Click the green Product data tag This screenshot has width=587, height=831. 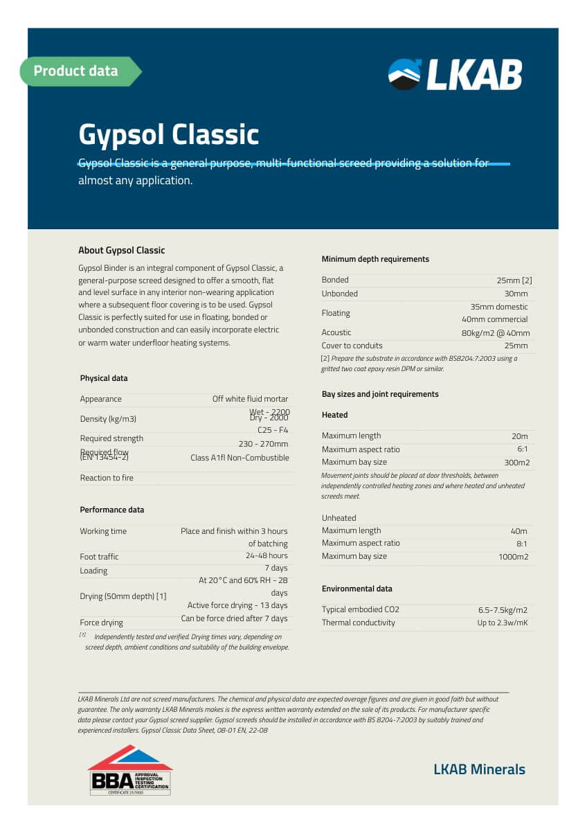[78, 71]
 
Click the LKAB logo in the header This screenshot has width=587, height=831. [455, 75]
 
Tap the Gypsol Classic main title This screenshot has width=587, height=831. [168, 134]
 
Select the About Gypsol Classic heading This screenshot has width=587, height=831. [121, 251]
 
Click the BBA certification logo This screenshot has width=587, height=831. [129, 770]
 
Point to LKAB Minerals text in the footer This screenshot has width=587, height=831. [479, 769]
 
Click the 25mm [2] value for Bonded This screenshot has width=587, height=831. [514, 280]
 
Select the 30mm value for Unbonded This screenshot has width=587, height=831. [516, 294]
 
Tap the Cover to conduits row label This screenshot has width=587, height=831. [352, 346]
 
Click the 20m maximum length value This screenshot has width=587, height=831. [519, 436]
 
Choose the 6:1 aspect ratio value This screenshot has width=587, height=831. [521, 449]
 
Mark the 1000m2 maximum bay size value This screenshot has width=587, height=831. [513, 557]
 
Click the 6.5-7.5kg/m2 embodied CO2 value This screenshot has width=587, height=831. [503, 610]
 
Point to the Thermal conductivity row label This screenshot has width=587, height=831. [358, 623]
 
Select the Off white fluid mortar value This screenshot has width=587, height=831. [250, 399]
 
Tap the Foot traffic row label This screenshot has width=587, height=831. [99, 557]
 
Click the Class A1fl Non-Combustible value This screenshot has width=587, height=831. [240, 458]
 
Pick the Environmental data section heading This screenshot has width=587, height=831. [356, 589]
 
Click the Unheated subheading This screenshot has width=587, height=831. [338, 518]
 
